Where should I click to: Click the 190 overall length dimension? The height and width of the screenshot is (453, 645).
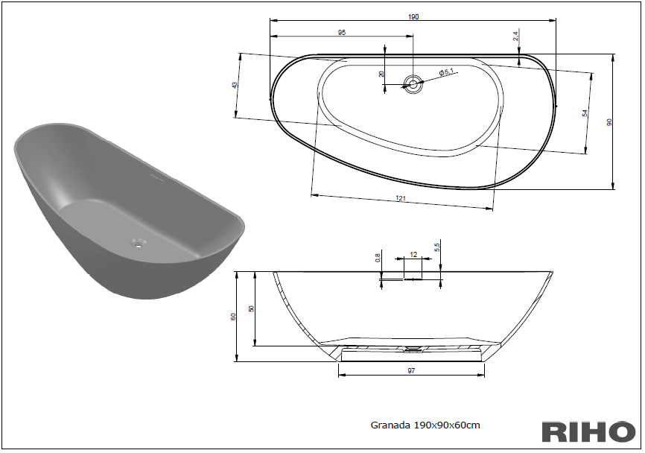(413, 17)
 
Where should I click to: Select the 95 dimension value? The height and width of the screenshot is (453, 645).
(342, 33)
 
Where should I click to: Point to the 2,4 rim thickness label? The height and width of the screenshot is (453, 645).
(516, 37)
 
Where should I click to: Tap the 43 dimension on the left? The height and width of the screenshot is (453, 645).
(235, 85)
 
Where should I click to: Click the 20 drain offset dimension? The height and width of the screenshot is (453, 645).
(381, 74)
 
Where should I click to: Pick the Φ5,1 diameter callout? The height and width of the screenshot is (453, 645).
(446, 72)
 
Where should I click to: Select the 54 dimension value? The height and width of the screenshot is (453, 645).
(585, 113)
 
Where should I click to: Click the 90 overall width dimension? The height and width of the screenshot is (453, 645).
(609, 122)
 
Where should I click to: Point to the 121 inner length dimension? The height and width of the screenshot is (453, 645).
(401, 198)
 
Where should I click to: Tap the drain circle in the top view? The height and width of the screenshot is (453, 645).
(413, 84)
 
